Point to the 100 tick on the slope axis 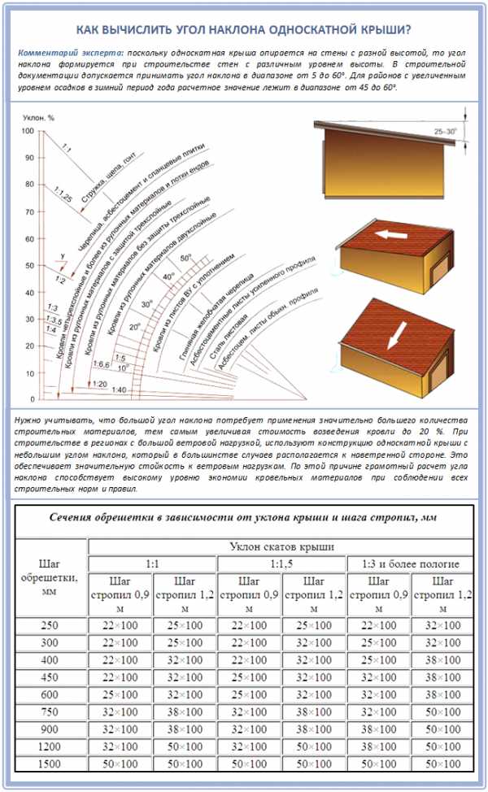click(28, 131)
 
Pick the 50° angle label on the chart click(185, 258)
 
